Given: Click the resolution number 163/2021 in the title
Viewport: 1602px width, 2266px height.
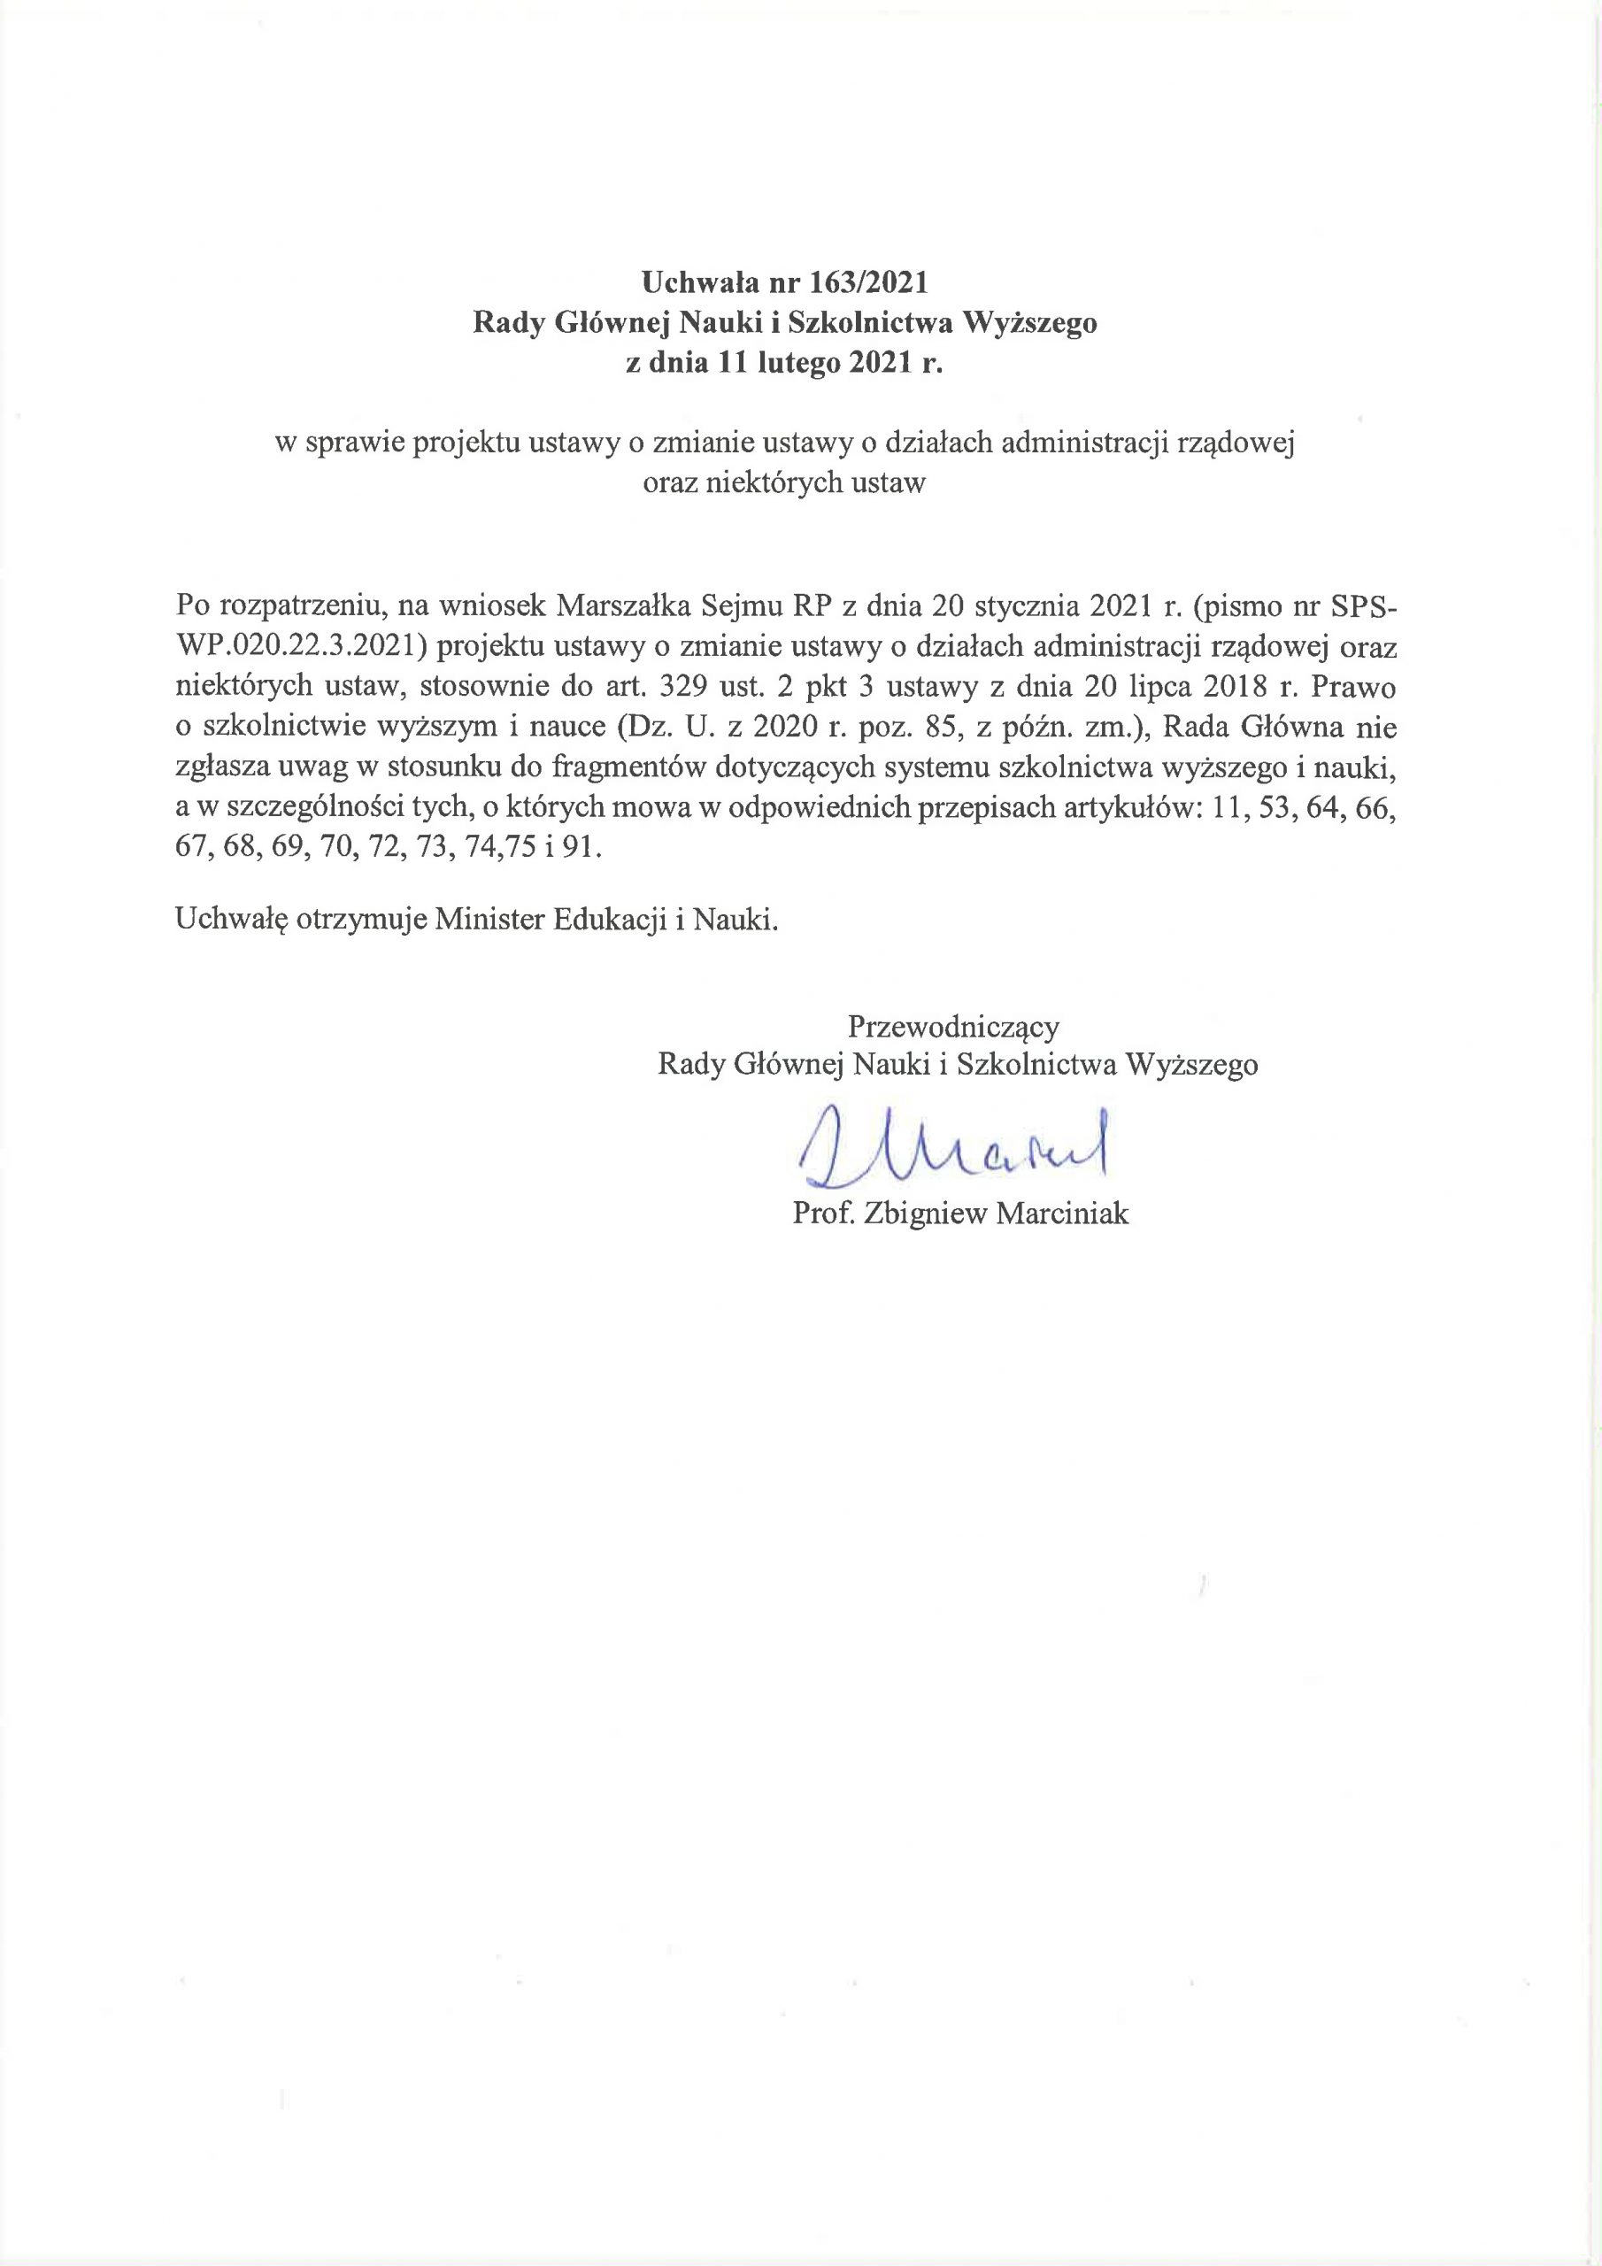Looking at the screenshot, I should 868,283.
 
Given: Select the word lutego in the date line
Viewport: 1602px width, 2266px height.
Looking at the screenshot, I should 798,363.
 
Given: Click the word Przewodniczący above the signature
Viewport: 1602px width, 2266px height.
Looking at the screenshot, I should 953,1027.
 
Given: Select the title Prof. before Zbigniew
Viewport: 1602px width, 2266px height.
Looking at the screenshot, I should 823,1213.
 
